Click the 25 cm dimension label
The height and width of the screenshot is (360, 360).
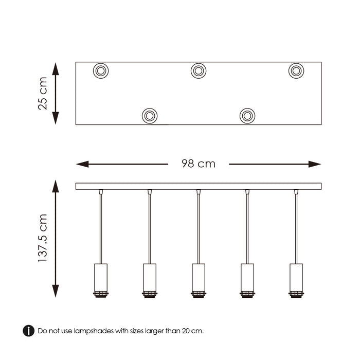pyautogui.click(x=43, y=93)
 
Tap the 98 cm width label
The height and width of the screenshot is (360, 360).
pyautogui.click(x=199, y=164)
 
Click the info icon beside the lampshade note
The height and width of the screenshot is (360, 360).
pyautogui.click(x=29, y=331)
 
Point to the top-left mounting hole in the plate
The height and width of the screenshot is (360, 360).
pyautogui.click(x=100, y=70)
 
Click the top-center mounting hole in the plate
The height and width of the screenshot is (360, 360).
pyautogui.click(x=199, y=70)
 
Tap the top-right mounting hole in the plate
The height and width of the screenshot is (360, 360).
pyautogui.click(x=296, y=70)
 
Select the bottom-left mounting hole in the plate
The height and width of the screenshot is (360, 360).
pyautogui.click(x=149, y=116)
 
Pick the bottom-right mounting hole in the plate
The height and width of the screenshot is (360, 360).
pyautogui.click(x=247, y=116)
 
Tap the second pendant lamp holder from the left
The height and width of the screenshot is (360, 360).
pyautogui.click(x=149, y=280)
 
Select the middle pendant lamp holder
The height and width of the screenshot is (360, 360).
pyautogui.click(x=199, y=280)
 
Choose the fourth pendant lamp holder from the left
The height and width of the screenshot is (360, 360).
pyautogui.click(x=247, y=280)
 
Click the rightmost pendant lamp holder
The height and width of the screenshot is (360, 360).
pyautogui.click(x=296, y=280)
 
